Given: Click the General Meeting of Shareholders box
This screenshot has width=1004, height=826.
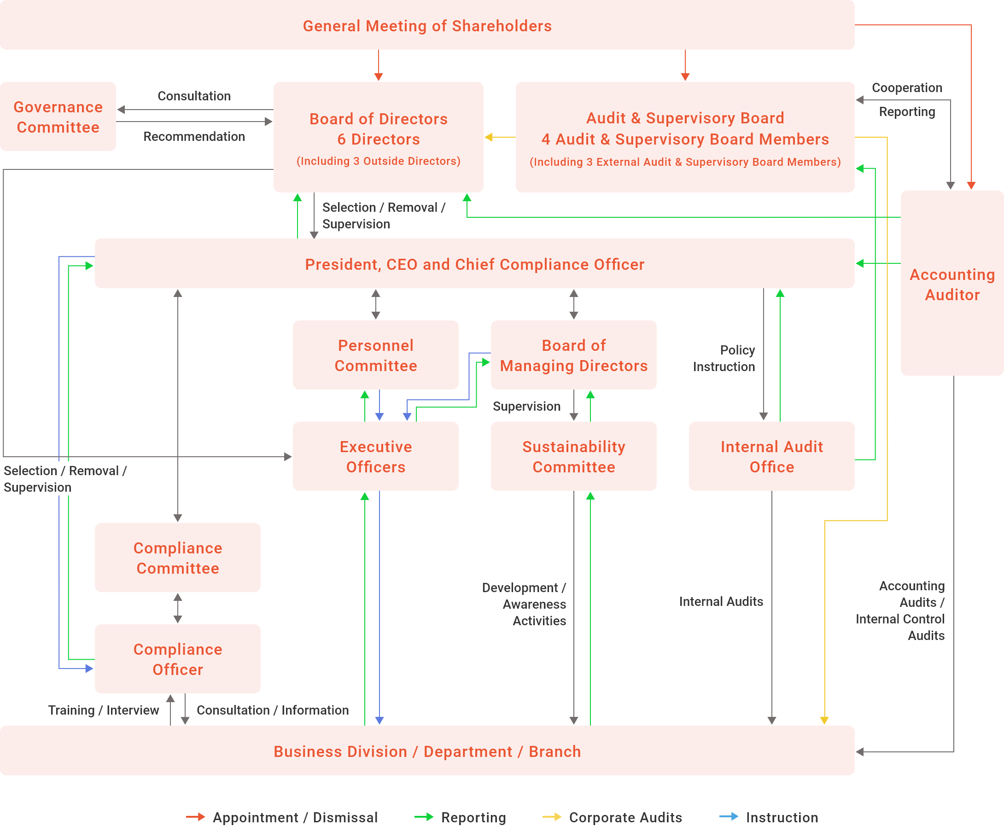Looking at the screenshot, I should coord(427,25).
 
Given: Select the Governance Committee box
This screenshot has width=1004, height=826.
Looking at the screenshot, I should coord(58,116).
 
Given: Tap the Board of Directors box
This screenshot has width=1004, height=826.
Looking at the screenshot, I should coord(378,137).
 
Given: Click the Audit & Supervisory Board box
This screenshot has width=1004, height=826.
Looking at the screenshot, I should coord(685,137).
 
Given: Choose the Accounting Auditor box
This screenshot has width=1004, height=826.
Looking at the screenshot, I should coord(951,284).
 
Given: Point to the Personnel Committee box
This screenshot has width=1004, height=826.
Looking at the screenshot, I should coord(375,355).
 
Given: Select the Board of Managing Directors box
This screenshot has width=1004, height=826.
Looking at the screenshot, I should coord(573,355).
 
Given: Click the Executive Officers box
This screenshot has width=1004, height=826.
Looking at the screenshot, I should coord(375,456).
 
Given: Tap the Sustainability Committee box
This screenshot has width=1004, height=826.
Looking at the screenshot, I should coord(573,456).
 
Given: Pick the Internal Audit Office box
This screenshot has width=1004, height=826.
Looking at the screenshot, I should coord(771,456).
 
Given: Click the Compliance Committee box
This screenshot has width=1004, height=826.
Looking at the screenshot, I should coord(177,558).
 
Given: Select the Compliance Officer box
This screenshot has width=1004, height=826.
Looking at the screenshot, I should coord(177,659).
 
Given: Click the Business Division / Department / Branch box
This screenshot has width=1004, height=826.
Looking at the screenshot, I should coord(427,751).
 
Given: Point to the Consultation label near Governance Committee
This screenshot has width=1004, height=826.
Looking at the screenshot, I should coord(194,96).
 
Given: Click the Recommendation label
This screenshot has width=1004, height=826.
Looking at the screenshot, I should coord(194,137).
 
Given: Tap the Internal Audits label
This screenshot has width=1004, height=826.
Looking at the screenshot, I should coord(721,601).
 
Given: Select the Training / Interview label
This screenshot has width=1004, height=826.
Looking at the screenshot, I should coord(103,710).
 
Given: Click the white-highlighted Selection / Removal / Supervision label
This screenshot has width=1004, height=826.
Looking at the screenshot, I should coord(66,479).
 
